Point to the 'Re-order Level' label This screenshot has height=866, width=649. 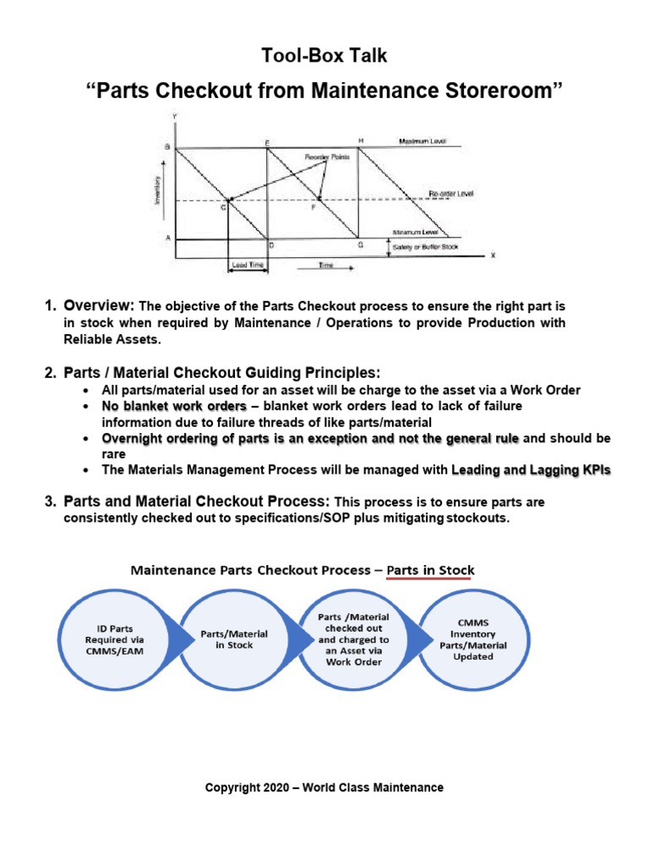click(450, 194)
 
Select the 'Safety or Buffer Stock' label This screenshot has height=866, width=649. click(424, 246)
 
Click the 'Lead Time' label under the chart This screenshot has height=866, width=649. click(244, 266)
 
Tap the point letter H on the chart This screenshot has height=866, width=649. click(361, 140)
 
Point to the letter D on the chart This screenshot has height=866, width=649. click(270, 246)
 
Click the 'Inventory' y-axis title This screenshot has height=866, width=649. click(157, 194)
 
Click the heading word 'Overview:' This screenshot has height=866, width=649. click(100, 304)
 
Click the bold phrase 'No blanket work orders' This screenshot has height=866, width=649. click(174, 406)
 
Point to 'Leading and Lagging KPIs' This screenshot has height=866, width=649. click(532, 469)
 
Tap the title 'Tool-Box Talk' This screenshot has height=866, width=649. click(324, 57)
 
